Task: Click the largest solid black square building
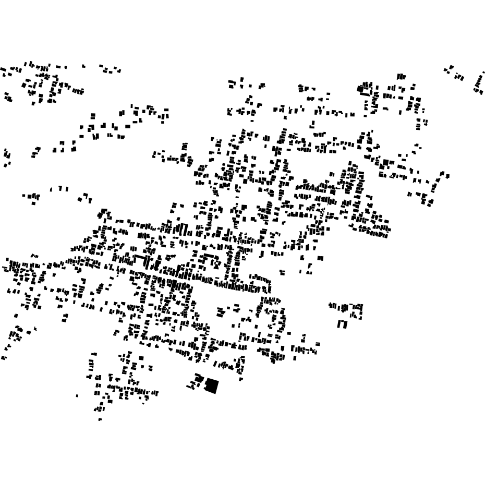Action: pos(211,386)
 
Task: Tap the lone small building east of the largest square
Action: pos(241,379)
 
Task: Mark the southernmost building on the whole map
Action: pos(100,419)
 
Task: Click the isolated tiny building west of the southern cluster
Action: pos(77,395)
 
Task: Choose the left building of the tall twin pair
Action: pos(339,324)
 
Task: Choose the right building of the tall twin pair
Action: pos(345,324)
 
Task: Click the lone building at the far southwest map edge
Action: pos(4,357)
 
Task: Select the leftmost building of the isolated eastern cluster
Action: pos(330,305)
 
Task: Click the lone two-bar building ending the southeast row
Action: pos(317,344)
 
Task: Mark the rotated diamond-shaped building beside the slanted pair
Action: pos(80,199)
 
